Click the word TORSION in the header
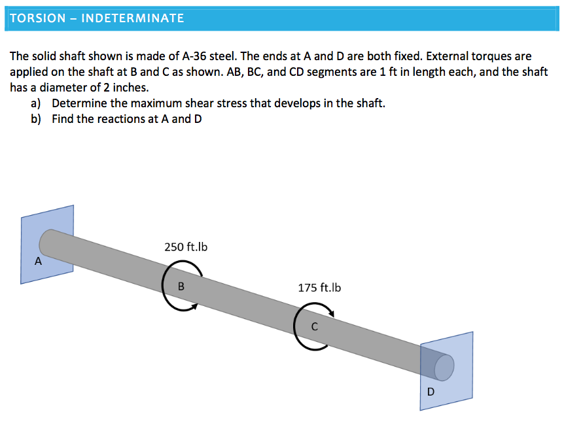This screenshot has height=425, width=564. tap(33, 18)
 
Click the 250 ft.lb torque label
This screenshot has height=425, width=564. tap(186, 247)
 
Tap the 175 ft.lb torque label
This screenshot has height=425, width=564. tap(319, 288)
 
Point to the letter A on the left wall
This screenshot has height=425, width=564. tap(38, 262)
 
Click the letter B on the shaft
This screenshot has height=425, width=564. tap(181, 286)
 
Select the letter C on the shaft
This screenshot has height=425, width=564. tap(314, 326)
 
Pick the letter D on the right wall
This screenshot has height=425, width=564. tap(430, 392)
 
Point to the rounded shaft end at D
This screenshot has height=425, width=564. tap(444, 367)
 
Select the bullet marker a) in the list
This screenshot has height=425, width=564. tap(36, 103)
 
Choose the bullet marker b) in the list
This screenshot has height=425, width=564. tap(36, 119)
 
